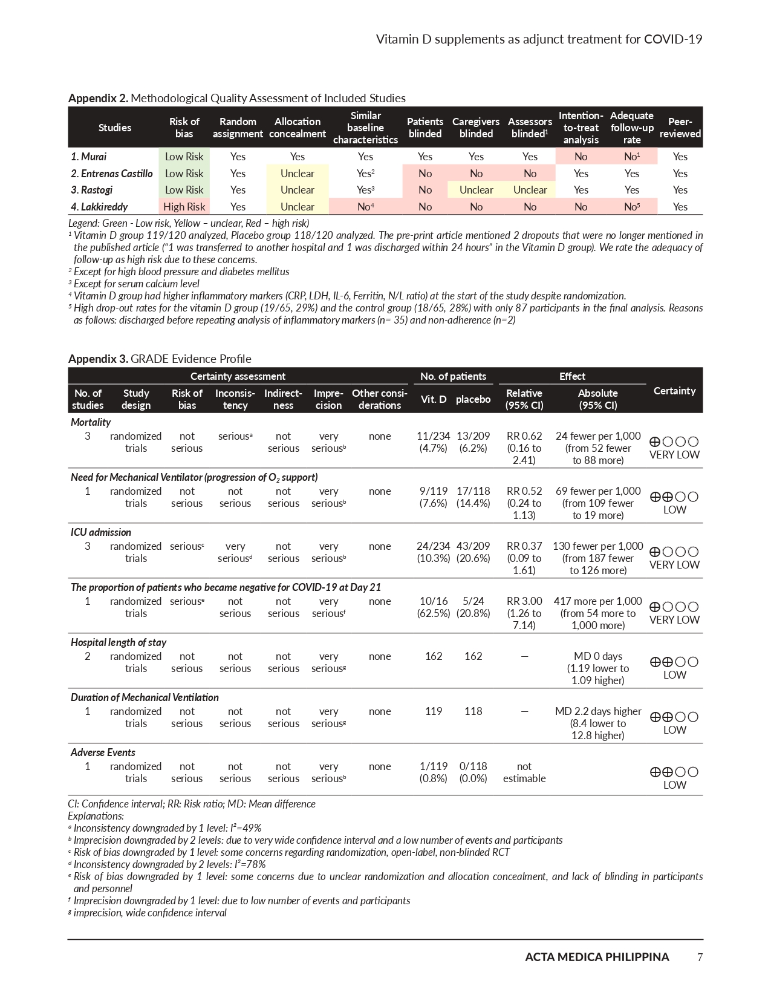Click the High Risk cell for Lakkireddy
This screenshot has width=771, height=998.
184,207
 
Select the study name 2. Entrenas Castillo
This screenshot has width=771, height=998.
112,174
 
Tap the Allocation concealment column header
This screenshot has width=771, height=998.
297,128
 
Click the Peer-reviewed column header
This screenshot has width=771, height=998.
680,128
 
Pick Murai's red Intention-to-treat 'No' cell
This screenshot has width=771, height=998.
581,157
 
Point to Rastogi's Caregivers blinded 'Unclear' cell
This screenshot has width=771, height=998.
476,190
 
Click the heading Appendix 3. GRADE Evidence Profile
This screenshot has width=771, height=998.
160,359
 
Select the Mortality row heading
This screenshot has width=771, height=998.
91,422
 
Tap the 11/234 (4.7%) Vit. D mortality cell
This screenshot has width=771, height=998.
433,442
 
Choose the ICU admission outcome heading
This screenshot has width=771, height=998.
101,532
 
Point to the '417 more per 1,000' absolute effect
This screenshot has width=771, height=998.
597,601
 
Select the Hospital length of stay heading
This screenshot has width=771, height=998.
119,642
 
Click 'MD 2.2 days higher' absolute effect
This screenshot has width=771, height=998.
597,711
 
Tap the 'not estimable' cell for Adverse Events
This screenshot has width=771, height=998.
524,772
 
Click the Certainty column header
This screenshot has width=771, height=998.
674,391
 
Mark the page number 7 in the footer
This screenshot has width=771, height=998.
700,957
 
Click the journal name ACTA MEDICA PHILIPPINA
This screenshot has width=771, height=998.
597,957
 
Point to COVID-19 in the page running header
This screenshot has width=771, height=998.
672,39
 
